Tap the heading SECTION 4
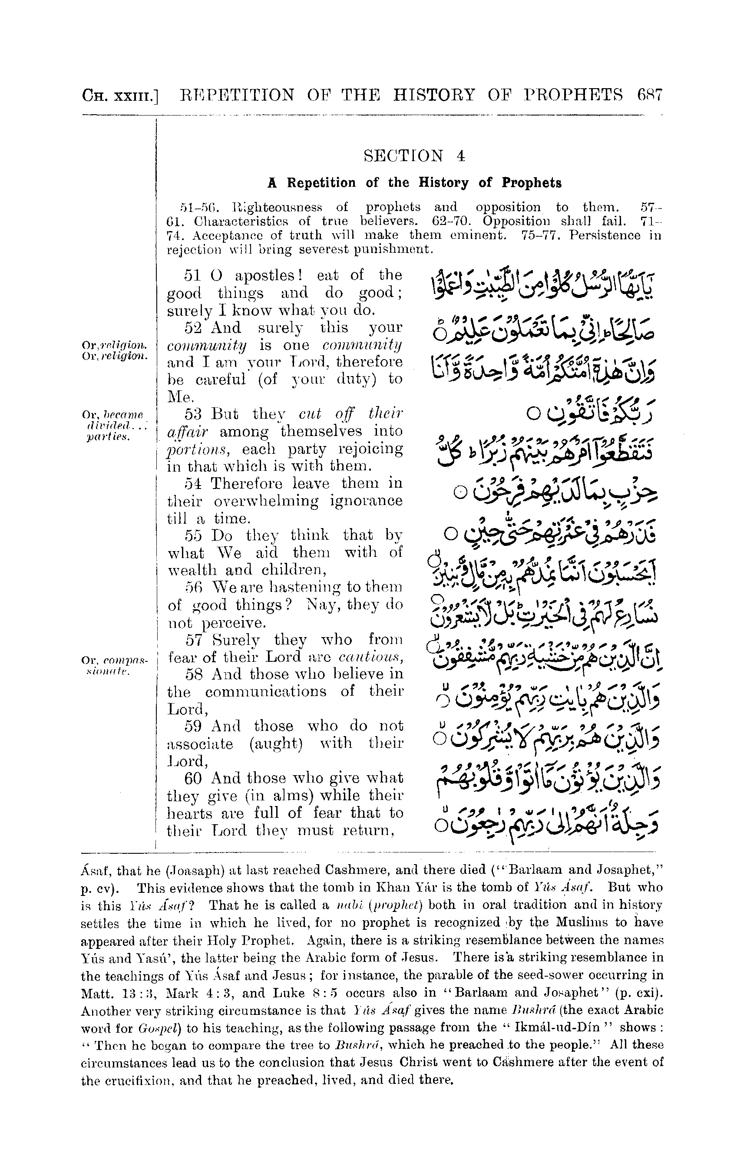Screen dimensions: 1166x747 414,156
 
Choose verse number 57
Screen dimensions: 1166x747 194,640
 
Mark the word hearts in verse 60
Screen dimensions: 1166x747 186,813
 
